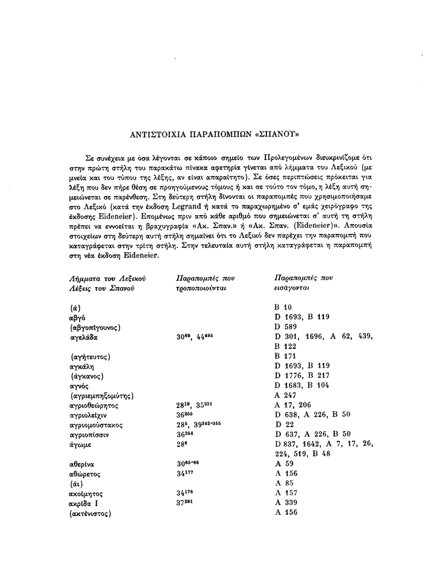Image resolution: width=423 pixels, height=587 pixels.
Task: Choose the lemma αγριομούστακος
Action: click(x=95, y=425)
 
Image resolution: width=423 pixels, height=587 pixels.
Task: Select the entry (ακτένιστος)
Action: click(x=90, y=513)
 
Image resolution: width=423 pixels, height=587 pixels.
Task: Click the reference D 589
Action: click(x=287, y=327)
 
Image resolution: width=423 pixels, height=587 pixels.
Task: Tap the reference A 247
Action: click(x=286, y=395)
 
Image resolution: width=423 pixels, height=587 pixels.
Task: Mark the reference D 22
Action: click(x=284, y=425)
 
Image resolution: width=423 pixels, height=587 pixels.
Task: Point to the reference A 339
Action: click(x=286, y=502)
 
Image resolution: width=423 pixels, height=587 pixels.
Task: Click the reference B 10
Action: click(x=284, y=307)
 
